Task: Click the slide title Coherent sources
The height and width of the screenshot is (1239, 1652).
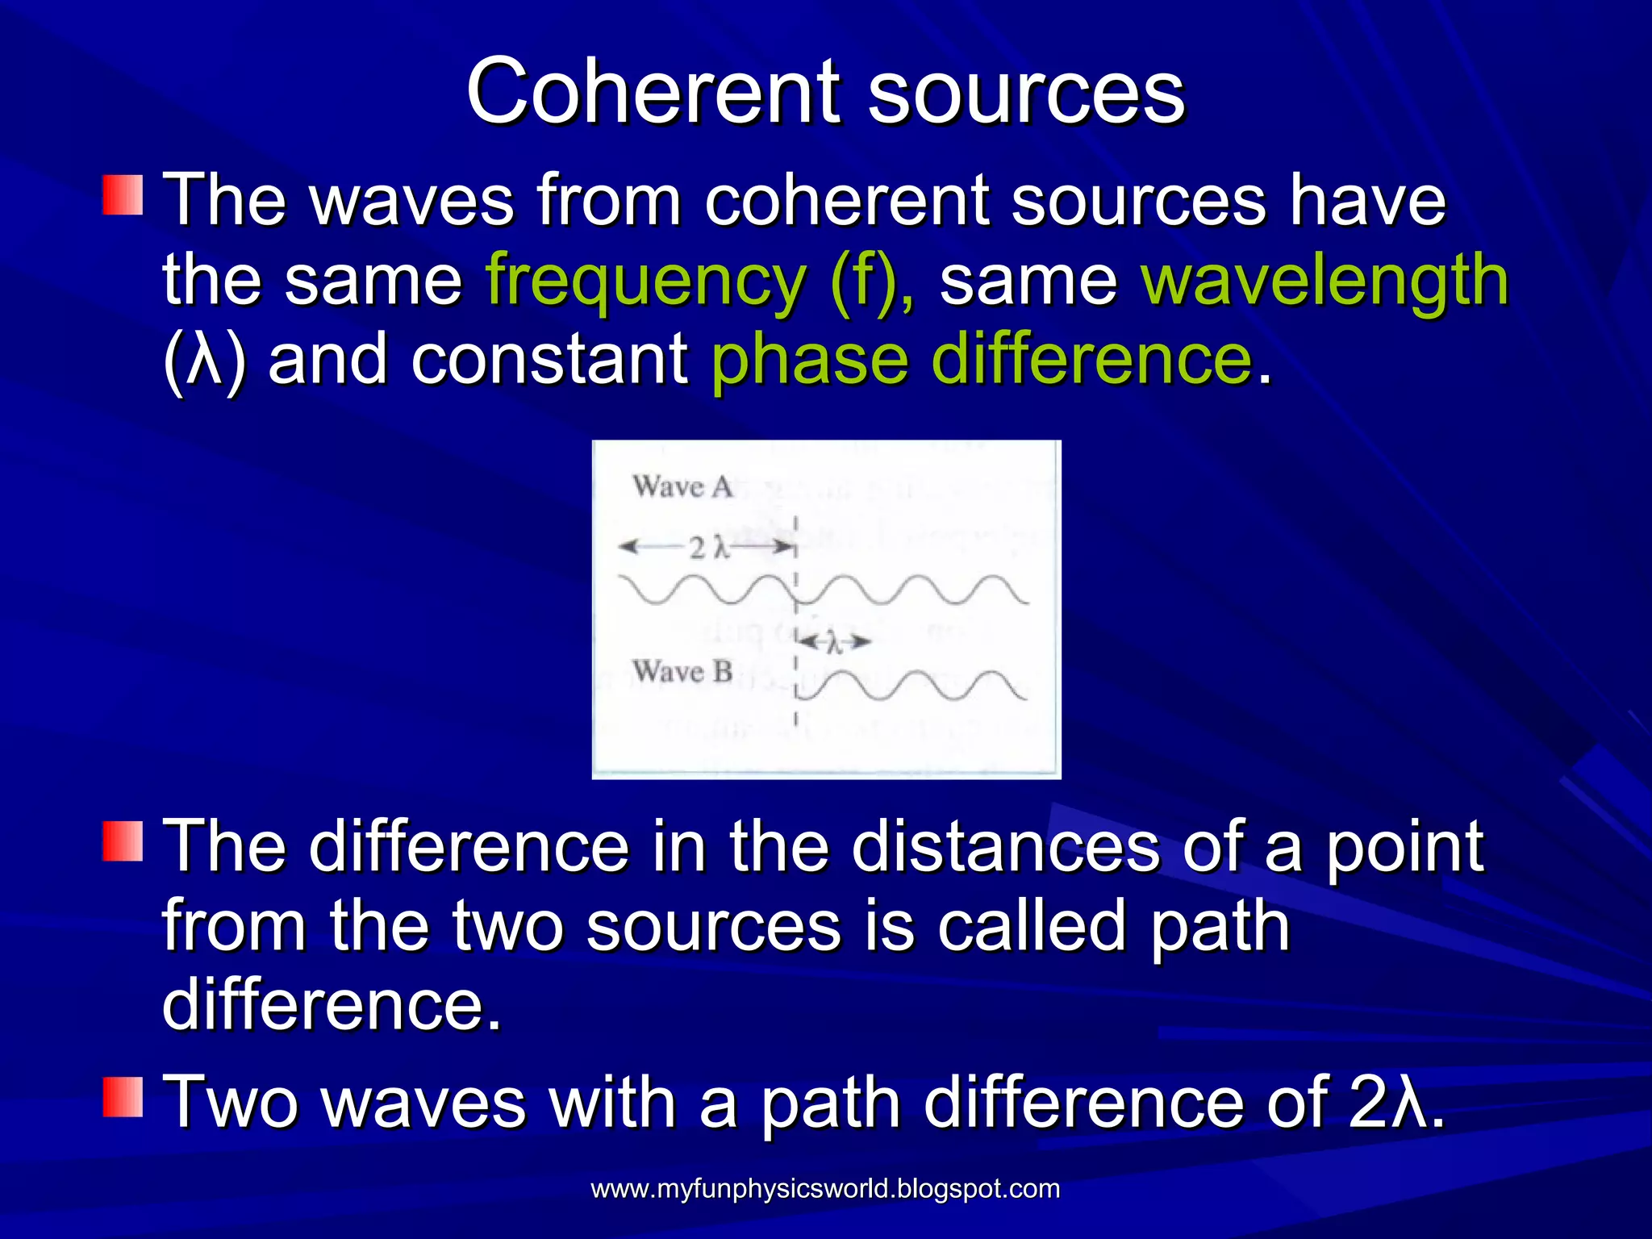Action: tap(825, 91)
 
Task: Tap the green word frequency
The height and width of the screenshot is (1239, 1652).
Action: tap(645, 281)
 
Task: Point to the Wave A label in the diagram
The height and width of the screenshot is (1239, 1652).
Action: tap(682, 487)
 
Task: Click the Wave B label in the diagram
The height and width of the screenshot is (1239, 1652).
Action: tap(682, 671)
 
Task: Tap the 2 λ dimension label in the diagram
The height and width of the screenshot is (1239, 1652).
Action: tap(709, 549)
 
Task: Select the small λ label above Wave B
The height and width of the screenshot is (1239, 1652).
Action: tap(835, 643)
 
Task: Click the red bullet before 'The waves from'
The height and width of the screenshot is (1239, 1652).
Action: tap(123, 194)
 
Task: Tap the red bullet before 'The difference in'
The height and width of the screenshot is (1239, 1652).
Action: tap(123, 841)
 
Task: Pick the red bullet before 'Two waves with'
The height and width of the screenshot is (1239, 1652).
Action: tap(123, 1095)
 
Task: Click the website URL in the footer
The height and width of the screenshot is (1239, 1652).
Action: tap(825, 1188)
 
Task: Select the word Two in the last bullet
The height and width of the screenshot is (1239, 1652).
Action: tap(232, 1102)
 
